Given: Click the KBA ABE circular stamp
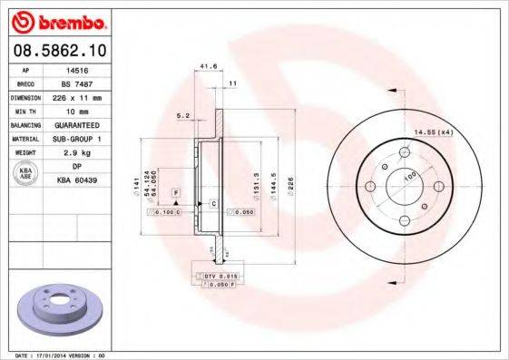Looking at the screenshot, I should click(24, 174).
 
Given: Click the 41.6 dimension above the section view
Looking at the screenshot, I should click(208, 66).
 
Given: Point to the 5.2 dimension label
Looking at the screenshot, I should click(182, 115).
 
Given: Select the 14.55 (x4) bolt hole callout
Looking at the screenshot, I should click(433, 133).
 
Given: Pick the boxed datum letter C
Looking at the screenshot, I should click(213, 202).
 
